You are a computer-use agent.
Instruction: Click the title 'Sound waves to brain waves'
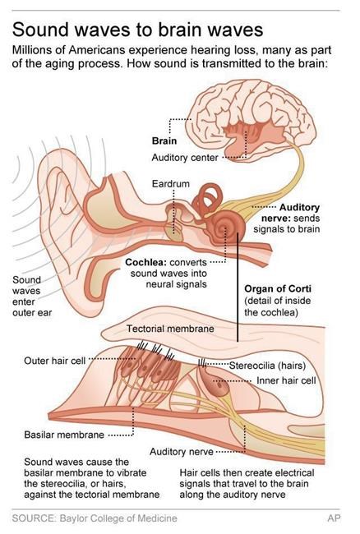pyautogui.click(x=137, y=30)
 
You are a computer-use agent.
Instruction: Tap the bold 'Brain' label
pyautogui.click(x=164, y=141)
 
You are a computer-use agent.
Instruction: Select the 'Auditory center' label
pyautogui.click(x=185, y=158)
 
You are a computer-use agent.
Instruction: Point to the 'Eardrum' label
pyautogui.click(x=170, y=184)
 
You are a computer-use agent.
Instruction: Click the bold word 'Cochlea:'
pyautogui.click(x=145, y=263)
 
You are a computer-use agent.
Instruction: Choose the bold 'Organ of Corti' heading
pyautogui.click(x=278, y=289)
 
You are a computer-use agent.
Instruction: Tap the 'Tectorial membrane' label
pyautogui.click(x=170, y=329)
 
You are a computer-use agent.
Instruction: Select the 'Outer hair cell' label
pyautogui.click(x=54, y=361)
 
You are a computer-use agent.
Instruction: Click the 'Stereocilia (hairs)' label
pyautogui.click(x=267, y=366)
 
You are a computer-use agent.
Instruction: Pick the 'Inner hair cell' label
pyautogui.click(x=286, y=380)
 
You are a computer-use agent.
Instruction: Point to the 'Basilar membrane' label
pyautogui.click(x=64, y=435)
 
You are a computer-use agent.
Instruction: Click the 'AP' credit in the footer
pyautogui.click(x=334, y=518)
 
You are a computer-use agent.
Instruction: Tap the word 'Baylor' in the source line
pyautogui.click(x=72, y=518)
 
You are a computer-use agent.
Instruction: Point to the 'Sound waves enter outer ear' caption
pyautogui.click(x=32, y=297)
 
